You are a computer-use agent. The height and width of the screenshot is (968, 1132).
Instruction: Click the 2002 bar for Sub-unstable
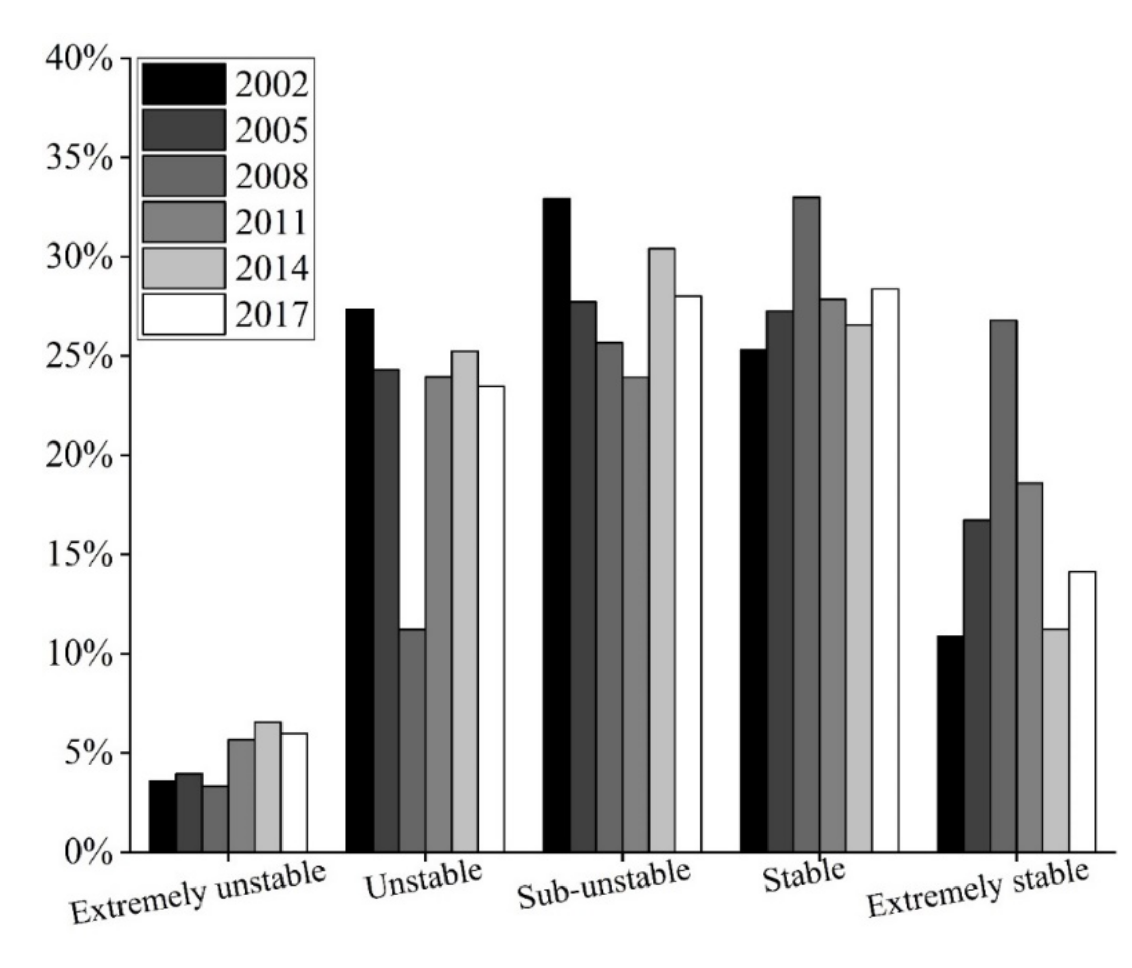pos(556,525)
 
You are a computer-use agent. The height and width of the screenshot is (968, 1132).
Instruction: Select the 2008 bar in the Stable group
pos(806,525)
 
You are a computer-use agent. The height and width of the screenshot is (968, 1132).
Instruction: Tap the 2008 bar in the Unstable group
pos(412,740)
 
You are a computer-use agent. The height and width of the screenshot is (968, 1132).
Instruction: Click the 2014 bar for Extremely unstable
pos(268,787)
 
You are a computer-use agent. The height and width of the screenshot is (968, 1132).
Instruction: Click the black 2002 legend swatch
pos(184,84)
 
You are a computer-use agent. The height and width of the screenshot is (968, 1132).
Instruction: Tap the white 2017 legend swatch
pos(184,314)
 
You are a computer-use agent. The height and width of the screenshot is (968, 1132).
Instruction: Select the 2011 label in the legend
pos(271,222)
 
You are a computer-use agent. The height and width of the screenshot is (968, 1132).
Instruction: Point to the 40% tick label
pos(79,58)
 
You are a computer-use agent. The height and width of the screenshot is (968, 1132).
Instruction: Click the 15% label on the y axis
pos(79,554)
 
